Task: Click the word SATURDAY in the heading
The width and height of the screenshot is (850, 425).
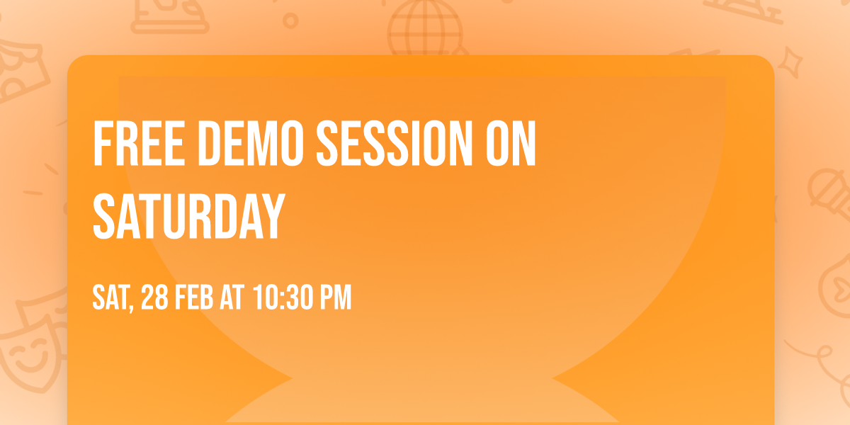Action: [188, 216]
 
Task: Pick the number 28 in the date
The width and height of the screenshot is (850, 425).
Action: [154, 297]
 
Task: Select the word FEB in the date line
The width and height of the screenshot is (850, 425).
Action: [193, 297]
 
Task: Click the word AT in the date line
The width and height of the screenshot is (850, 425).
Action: [232, 297]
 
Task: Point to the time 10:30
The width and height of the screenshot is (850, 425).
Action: [283, 297]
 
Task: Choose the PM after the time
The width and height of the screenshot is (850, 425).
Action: [336, 297]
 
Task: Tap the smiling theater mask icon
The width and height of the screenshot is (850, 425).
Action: [31, 353]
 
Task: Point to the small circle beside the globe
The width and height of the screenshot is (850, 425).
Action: [290, 21]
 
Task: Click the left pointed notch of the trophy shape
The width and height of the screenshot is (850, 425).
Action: [292, 378]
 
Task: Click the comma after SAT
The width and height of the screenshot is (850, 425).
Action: [131, 308]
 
